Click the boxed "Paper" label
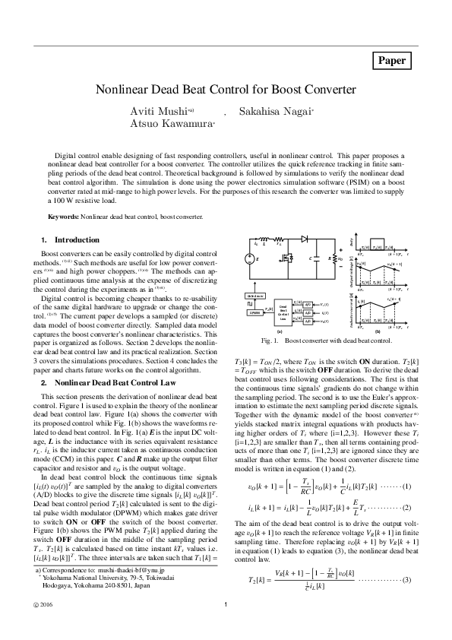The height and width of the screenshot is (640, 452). [392, 61]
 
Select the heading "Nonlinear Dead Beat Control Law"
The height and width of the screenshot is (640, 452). [105, 383]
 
